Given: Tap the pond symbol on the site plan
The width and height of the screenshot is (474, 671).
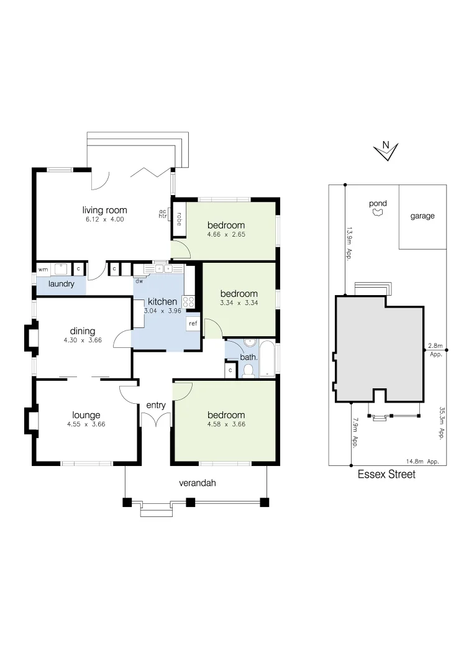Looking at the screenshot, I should (377, 212).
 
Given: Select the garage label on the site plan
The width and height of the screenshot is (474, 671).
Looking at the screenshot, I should (422, 216).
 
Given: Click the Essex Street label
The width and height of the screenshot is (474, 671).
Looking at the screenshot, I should (386, 475).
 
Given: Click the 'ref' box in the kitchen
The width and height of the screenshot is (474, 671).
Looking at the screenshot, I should (193, 324).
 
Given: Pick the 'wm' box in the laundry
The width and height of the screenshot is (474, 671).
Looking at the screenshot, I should (43, 270).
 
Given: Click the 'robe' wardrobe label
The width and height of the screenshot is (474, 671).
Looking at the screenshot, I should (179, 219).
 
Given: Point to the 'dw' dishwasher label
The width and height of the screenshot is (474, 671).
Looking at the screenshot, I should (139, 281).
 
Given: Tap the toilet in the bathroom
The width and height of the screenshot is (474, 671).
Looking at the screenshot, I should (248, 371).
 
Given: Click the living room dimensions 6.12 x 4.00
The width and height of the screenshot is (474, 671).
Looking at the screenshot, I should (105, 219).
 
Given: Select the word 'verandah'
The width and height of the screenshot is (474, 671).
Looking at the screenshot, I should (197, 483).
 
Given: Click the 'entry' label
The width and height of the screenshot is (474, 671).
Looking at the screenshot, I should (156, 406).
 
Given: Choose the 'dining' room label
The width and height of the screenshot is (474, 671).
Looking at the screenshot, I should (83, 331).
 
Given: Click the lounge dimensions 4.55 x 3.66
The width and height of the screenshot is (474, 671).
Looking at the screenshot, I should (86, 424).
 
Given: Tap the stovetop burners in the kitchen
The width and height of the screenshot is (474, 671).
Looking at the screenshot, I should (190, 303).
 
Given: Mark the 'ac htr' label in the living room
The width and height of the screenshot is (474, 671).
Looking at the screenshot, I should (163, 214).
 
